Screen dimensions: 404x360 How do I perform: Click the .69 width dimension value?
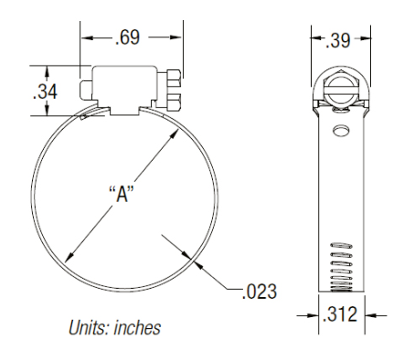coord(128,37)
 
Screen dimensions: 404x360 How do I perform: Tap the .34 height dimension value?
coord(45,91)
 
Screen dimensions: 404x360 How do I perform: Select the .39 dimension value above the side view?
coord(338,40)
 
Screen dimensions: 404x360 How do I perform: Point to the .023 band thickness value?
coord(260,291)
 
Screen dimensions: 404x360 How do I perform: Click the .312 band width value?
coord(340,314)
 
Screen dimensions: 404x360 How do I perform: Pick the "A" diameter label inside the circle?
coord(122,194)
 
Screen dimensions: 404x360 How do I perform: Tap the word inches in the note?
coord(137,328)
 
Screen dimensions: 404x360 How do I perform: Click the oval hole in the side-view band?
coord(341,131)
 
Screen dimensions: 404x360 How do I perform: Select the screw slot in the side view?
coord(341,89)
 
